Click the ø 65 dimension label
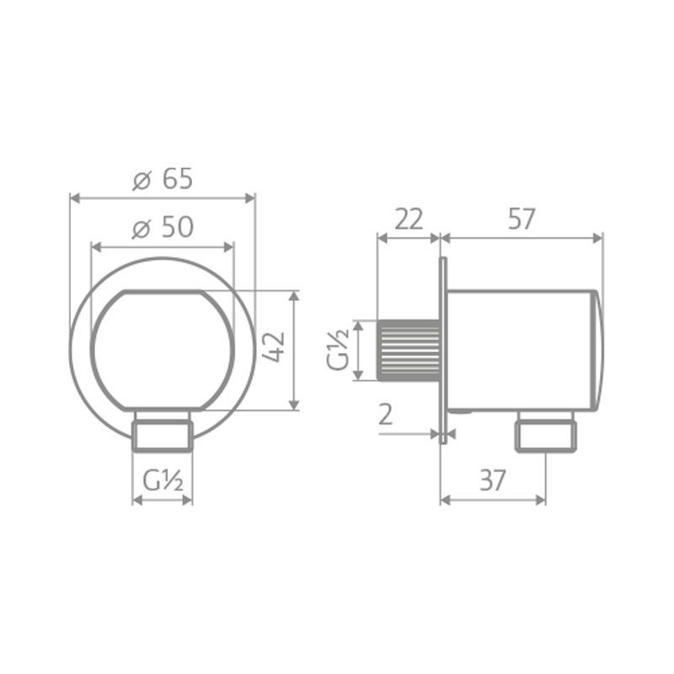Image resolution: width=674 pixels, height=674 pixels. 163,179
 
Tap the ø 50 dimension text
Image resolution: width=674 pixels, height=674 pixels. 163,227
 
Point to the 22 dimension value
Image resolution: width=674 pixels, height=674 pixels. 409,219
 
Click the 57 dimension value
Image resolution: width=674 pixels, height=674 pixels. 522,219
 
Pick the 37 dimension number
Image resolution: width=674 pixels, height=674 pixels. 493,480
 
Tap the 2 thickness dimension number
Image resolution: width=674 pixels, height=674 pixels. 386,415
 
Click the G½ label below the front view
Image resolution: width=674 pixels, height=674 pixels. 163,480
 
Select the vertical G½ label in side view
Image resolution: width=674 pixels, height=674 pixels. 338,350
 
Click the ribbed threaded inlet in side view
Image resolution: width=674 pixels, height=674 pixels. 409,350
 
